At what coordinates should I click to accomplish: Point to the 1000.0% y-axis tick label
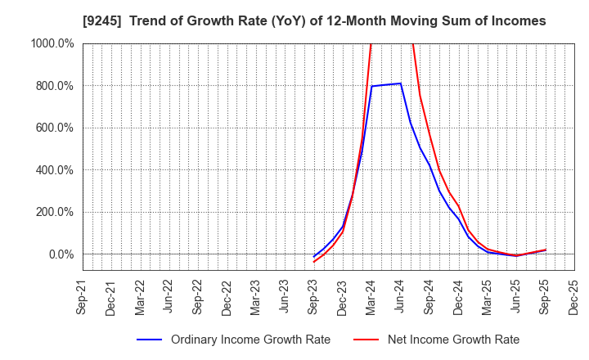click(x=52, y=43)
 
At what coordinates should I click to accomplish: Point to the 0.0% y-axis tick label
click(x=60, y=254)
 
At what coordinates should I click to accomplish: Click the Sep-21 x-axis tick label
click(x=83, y=295)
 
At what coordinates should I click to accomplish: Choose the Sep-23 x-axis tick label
click(x=313, y=295)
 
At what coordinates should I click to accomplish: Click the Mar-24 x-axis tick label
click(x=371, y=295)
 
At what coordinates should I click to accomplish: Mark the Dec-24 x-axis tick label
click(x=458, y=295)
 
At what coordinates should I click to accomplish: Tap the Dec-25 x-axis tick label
click(x=573, y=295)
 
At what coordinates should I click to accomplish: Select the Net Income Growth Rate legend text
click(x=452, y=340)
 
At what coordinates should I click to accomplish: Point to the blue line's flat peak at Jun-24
click(x=400, y=83)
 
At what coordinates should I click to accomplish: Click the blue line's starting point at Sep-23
click(x=313, y=257)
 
